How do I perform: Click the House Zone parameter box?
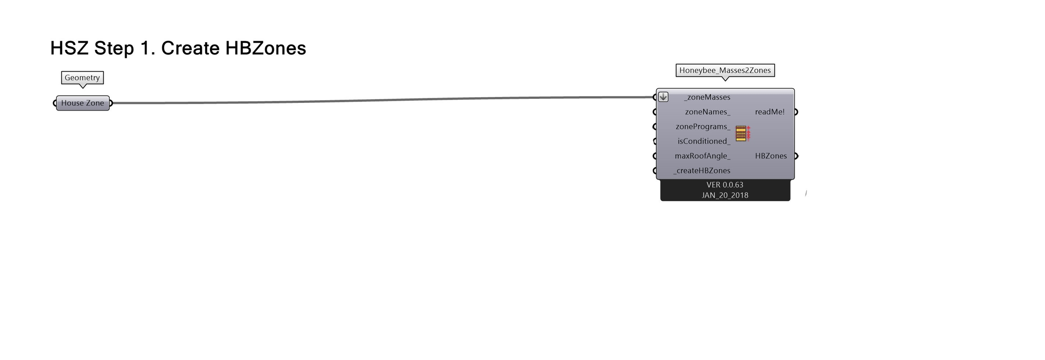(83, 103)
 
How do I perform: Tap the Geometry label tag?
(82, 78)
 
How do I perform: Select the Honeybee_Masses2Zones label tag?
(725, 70)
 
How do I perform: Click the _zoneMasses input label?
(707, 97)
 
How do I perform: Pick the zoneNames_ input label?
(708, 112)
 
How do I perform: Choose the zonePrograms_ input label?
(703, 126)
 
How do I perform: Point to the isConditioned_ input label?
(703, 141)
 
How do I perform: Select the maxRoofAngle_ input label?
(702, 156)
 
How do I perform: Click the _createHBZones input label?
(702, 170)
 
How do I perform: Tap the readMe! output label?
(770, 112)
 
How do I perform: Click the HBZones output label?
(771, 156)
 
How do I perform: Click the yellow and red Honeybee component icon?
(742, 134)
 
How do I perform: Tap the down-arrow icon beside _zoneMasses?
(663, 97)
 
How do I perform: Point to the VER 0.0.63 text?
(725, 185)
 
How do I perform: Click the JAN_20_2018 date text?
(725, 195)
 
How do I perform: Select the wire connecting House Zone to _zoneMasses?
(381, 100)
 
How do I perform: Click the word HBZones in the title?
(265, 48)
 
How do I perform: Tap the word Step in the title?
(114, 48)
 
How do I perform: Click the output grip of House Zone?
(111, 103)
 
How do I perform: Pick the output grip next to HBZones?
(796, 156)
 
